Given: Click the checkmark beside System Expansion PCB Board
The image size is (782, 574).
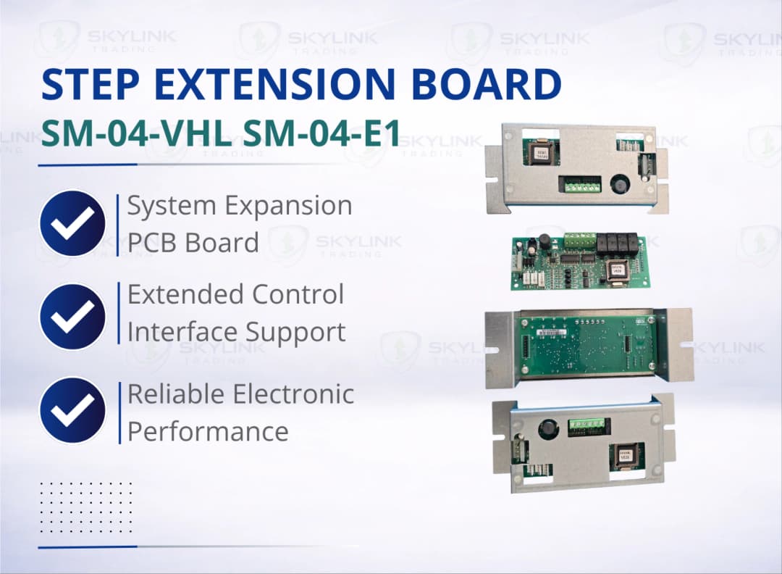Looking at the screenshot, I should (72, 222).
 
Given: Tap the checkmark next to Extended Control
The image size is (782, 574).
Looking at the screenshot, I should (72, 316).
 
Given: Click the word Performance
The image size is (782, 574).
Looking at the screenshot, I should (208, 432).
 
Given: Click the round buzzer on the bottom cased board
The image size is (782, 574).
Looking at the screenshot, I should (547, 430).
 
